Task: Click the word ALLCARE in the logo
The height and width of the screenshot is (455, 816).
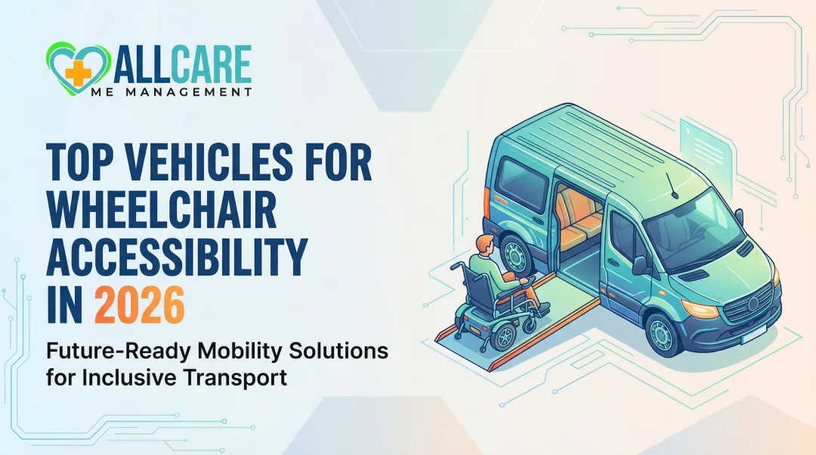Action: pyautogui.click(x=182, y=65)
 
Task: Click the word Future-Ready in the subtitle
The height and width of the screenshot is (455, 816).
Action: pyautogui.click(x=98, y=351)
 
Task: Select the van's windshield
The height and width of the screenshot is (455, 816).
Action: pyautogui.click(x=694, y=218)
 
